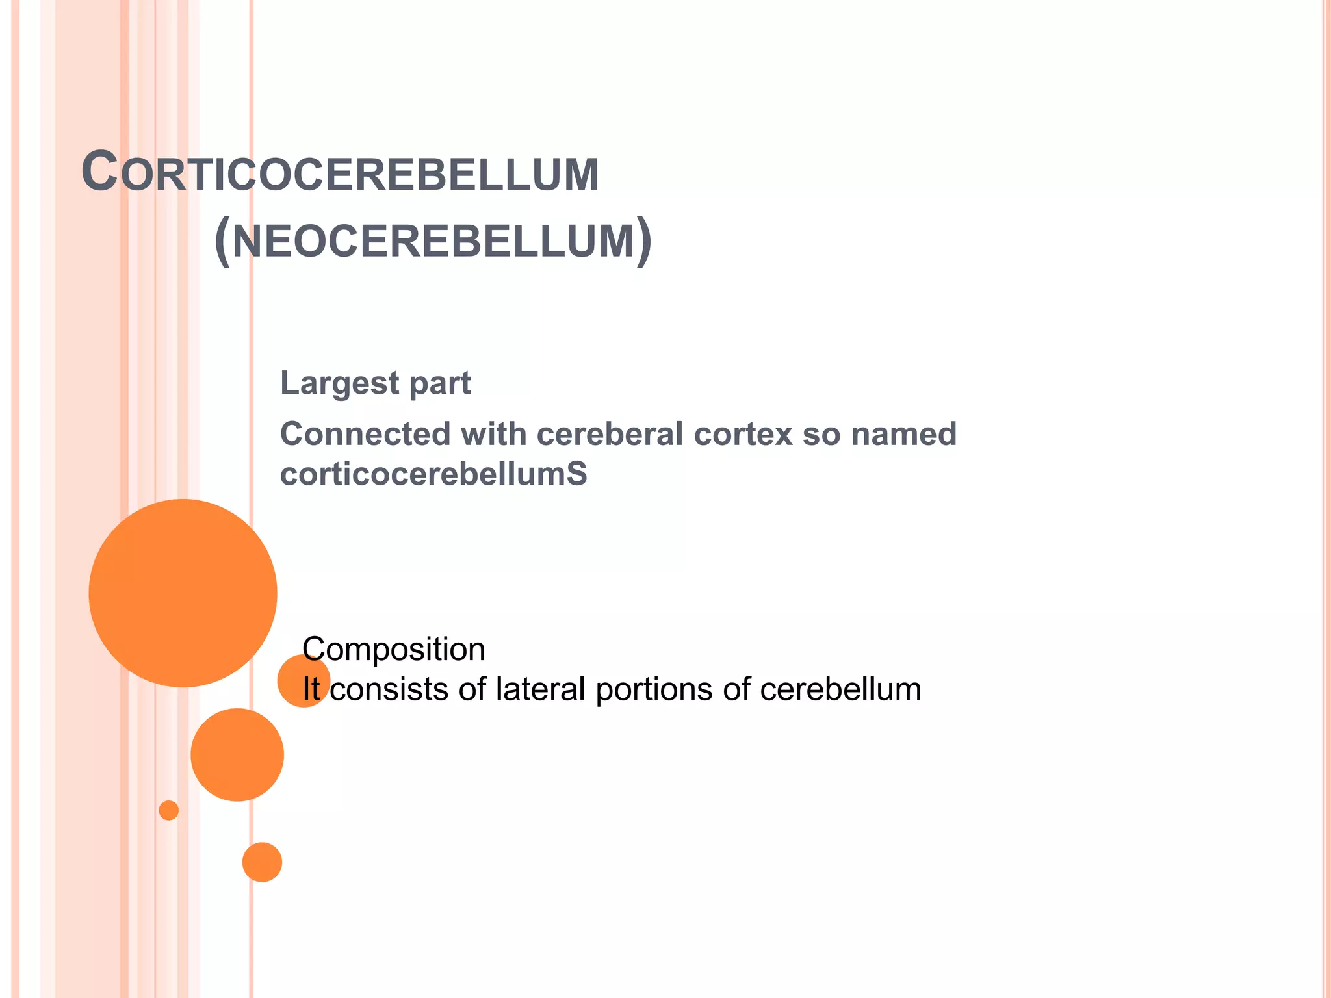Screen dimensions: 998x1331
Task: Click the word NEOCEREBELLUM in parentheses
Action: (x=433, y=241)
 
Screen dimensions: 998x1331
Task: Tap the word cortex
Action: (x=743, y=434)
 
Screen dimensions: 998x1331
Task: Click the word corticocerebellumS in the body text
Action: (x=433, y=474)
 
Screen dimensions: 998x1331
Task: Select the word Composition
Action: (x=394, y=649)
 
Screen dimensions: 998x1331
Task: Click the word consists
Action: (x=389, y=689)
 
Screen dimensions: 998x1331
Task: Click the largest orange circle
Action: (x=183, y=593)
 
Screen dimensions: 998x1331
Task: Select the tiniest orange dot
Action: (x=169, y=810)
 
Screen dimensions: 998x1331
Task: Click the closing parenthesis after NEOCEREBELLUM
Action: (x=643, y=241)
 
